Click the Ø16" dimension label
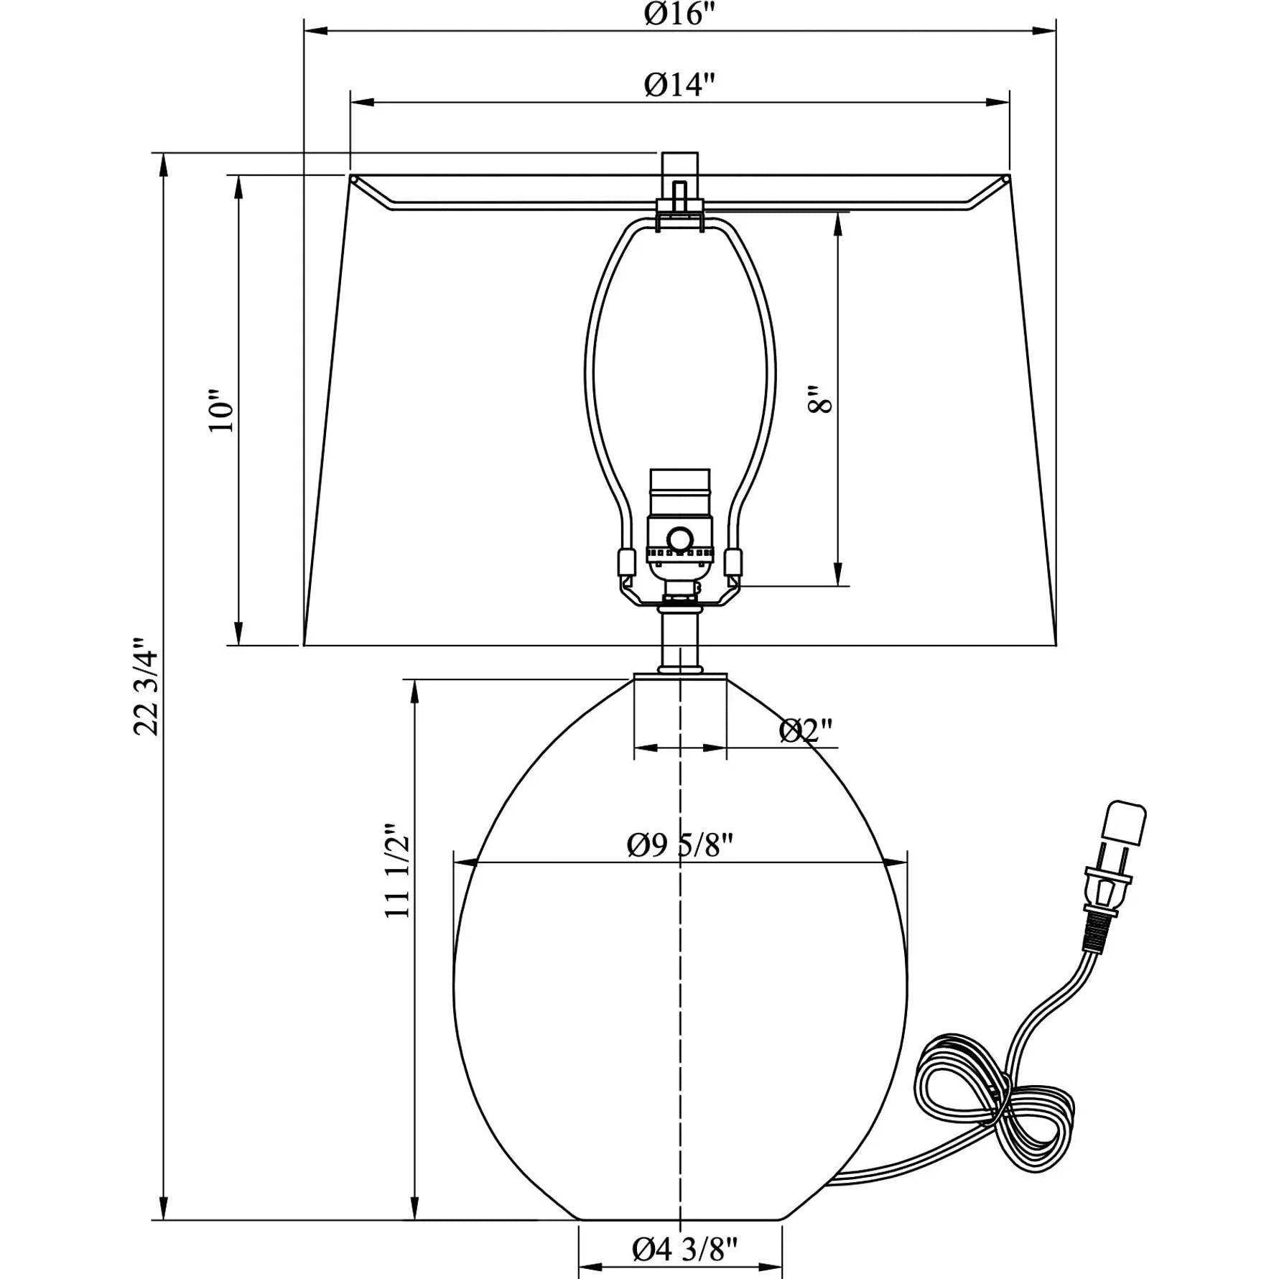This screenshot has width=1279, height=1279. (x=679, y=14)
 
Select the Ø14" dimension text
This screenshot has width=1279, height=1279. (x=679, y=85)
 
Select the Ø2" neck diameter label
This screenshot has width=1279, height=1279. (x=806, y=731)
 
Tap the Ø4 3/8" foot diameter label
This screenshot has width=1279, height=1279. (x=684, y=1250)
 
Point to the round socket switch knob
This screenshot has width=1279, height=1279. (x=679, y=539)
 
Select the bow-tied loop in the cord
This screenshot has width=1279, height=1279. (x=991, y=1099)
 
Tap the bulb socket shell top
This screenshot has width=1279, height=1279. (x=679, y=480)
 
